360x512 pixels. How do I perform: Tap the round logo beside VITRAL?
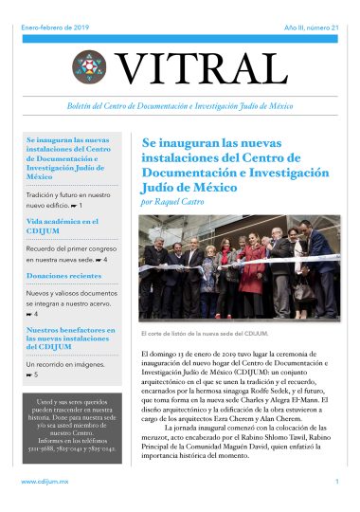(90, 66)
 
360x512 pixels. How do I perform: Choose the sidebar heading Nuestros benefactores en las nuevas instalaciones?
(71, 338)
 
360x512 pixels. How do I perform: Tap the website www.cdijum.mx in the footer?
(43, 483)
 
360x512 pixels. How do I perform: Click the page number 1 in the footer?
(336, 483)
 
